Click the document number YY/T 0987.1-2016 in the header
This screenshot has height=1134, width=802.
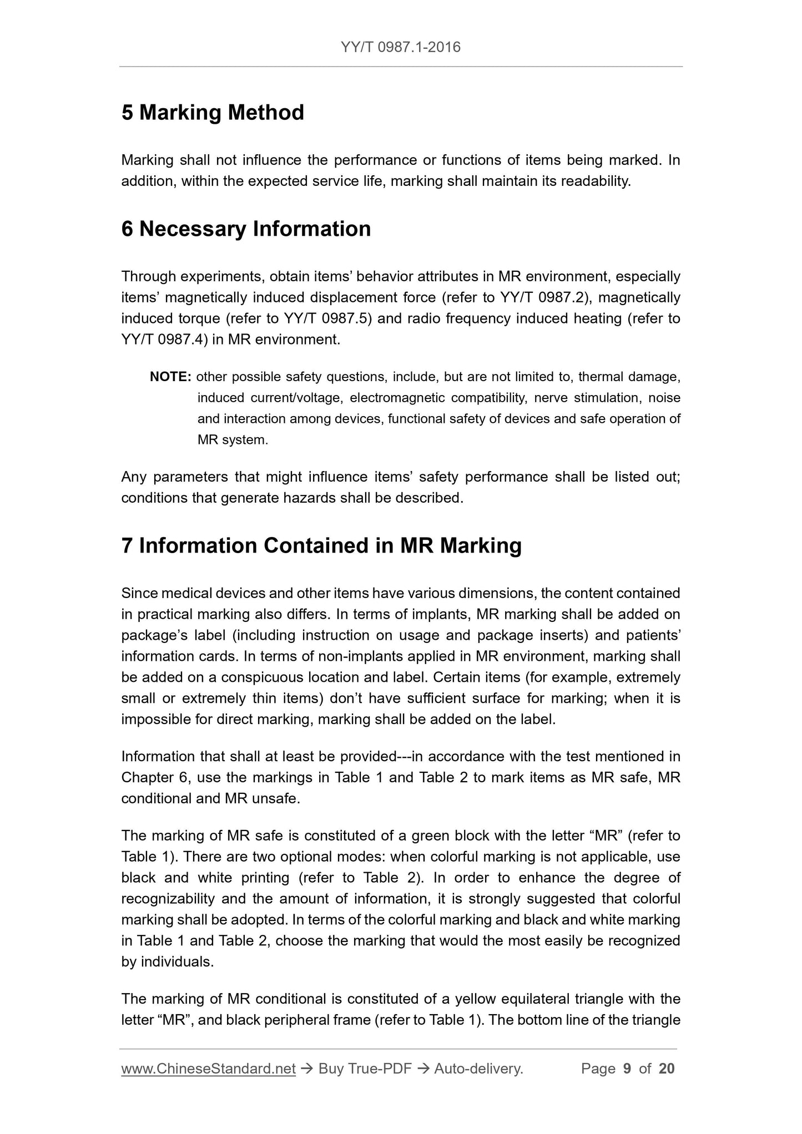(x=401, y=47)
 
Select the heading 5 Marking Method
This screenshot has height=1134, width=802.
(x=213, y=113)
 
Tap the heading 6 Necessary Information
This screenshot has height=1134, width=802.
(x=246, y=229)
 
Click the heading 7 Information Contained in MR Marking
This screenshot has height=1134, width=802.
(x=321, y=546)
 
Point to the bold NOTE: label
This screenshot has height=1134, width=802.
(x=170, y=377)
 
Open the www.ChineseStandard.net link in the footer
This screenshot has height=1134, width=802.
(x=208, y=1069)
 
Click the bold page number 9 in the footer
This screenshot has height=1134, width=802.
(x=627, y=1069)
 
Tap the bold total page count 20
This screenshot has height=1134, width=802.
(x=667, y=1069)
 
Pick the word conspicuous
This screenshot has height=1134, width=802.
(x=263, y=678)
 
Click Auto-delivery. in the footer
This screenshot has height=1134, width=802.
(x=478, y=1069)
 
